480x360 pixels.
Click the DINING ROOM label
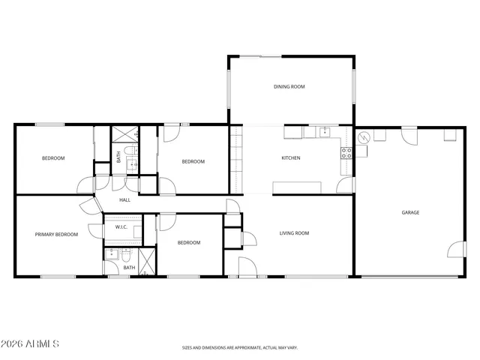point(289,87)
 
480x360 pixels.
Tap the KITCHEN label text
point(290,158)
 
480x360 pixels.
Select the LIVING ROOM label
point(294,233)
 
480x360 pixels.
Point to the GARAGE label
point(410,212)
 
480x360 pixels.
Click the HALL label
point(124,200)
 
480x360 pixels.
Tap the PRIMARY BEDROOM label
point(56,235)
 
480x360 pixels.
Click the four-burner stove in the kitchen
point(347,152)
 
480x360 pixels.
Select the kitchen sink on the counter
point(325,133)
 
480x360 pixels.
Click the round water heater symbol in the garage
point(364,138)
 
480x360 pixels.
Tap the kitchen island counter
point(298,187)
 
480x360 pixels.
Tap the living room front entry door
point(247,266)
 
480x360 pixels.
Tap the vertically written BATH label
point(118,157)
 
